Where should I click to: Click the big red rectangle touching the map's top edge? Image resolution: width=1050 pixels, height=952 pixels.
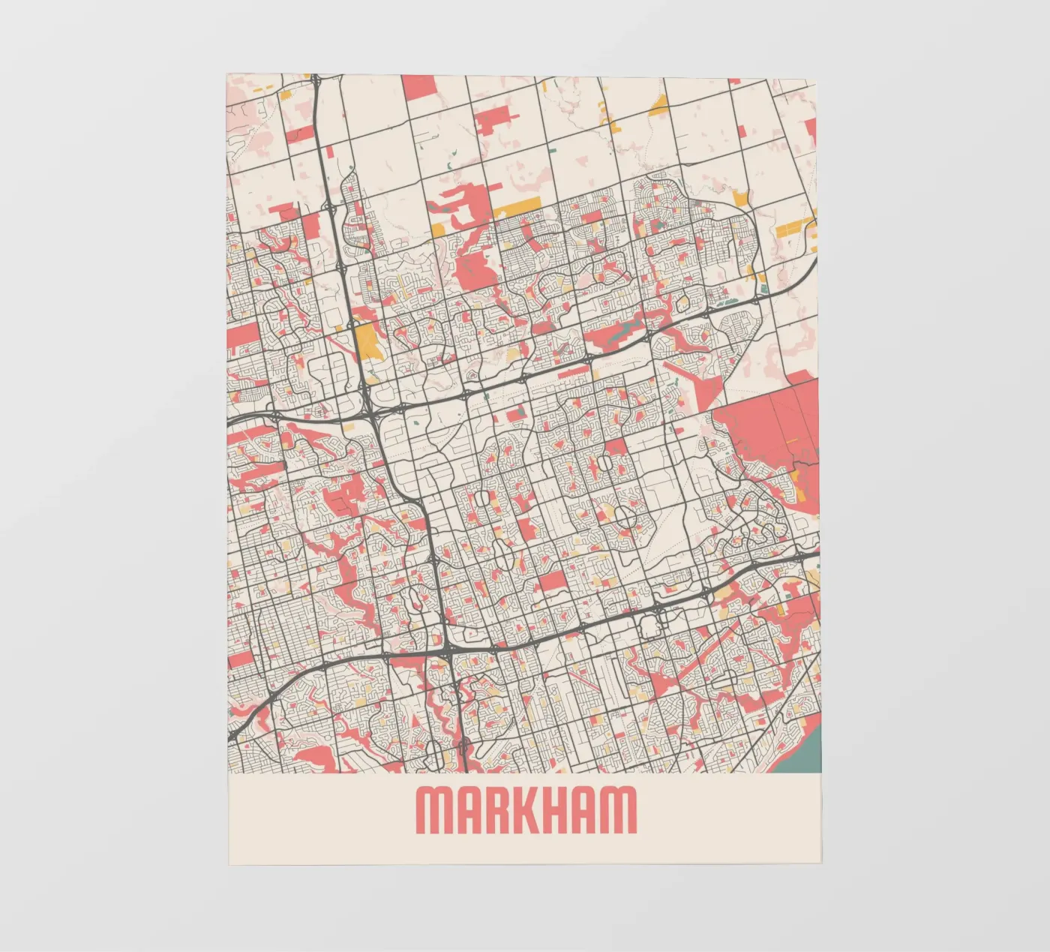(x=419, y=87)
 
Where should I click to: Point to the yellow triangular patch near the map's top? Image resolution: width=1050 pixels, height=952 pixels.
(x=658, y=106)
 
